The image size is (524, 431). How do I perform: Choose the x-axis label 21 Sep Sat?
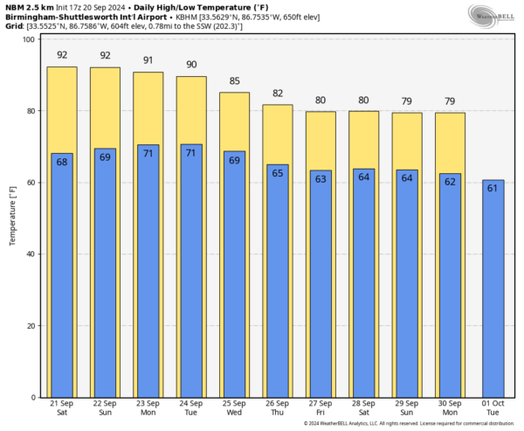(x=62, y=408)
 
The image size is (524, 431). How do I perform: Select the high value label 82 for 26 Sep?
(x=277, y=94)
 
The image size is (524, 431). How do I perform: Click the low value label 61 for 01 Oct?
(x=493, y=188)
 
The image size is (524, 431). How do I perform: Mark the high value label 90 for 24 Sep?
(x=190, y=66)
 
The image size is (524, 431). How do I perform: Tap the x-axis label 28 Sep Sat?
(x=363, y=408)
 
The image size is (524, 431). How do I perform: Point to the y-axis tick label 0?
(x=31, y=398)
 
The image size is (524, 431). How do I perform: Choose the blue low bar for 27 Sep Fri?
(x=320, y=288)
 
